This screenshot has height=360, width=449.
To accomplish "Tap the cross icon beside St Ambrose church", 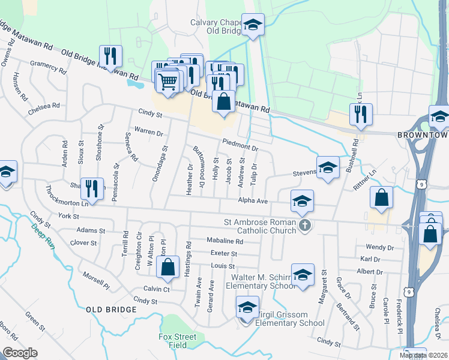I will (305, 226).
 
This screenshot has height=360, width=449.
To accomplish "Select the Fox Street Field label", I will (178, 341).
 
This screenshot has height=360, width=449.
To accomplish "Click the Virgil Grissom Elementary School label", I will (289, 319).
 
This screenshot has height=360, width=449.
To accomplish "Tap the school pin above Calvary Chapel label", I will (253, 26).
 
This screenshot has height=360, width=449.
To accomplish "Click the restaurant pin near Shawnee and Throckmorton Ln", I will (92, 188).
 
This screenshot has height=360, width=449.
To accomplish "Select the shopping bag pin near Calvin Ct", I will (168, 268).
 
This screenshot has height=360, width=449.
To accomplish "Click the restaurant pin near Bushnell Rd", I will (361, 114).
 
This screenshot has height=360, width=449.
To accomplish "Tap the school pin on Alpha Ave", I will (302, 200).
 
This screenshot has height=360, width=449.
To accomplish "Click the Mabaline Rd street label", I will (224, 241).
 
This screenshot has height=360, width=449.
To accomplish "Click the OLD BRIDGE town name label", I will (112, 309).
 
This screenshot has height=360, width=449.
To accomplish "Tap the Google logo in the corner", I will (20, 353).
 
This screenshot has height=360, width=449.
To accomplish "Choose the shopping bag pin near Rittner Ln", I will (381, 198).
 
